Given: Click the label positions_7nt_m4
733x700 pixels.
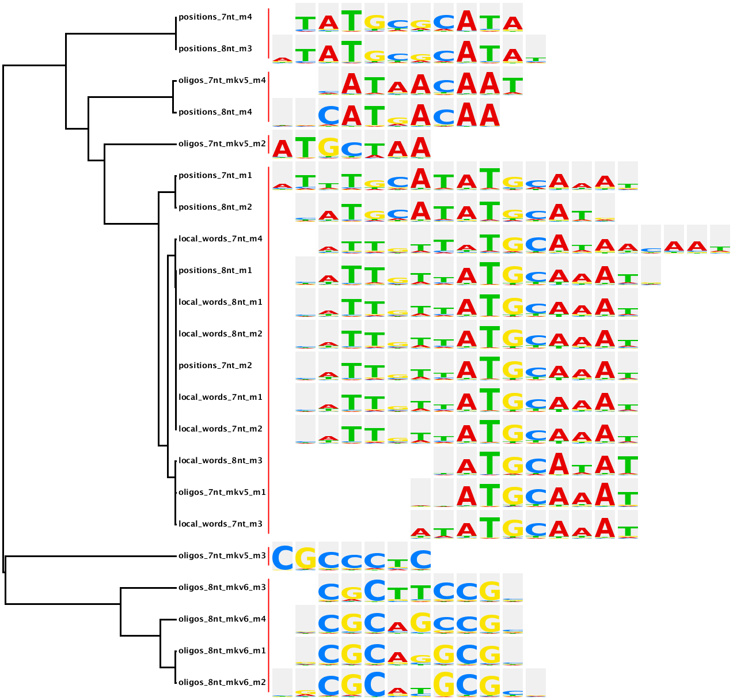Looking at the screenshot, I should pyautogui.click(x=215, y=17).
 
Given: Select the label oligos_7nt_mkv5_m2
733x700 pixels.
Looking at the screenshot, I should pyautogui.click(x=222, y=144).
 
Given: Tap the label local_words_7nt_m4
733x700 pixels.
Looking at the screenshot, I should pyautogui.click(x=220, y=239).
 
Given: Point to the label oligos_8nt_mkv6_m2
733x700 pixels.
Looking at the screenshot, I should pyautogui.click(x=222, y=683).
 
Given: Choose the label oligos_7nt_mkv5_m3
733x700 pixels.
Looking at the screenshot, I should pyautogui.click(x=222, y=556).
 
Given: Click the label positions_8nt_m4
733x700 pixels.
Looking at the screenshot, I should pyautogui.click(x=215, y=112).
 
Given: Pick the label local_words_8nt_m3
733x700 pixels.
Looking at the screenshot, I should pyautogui.click(x=220, y=461).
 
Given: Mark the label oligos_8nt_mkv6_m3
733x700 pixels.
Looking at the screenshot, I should pyautogui.click(x=222, y=588).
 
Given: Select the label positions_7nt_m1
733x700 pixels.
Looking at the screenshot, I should pyautogui.click(x=215, y=176).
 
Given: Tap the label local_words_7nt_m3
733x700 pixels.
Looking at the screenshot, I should pyautogui.click(x=220, y=524).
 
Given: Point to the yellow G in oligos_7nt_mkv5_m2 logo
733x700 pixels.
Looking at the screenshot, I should pyautogui.click(x=328, y=147).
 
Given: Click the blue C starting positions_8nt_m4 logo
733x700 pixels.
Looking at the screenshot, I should pyautogui.click(x=328, y=116).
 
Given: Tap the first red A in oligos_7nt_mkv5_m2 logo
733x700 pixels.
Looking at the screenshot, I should pyautogui.click(x=282, y=149).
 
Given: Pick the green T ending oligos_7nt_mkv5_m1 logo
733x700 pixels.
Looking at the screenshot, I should pyautogui.click(x=628, y=498).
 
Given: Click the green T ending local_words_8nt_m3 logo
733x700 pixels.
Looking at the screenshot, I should pyautogui.click(x=628, y=464).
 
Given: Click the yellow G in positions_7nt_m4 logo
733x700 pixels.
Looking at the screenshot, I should pyautogui.click(x=374, y=22).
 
